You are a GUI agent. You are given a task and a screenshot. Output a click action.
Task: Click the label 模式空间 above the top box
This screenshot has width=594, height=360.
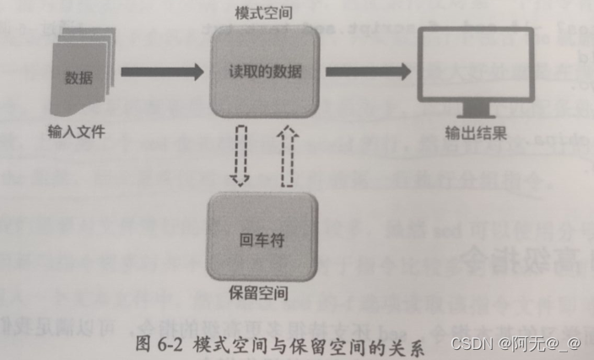pyautogui.click(x=263, y=15)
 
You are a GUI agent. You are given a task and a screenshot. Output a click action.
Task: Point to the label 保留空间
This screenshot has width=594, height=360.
pyautogui.click(x=261, y=295)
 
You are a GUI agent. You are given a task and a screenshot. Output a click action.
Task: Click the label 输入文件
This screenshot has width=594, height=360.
pyautogui.click(x=75, y=133)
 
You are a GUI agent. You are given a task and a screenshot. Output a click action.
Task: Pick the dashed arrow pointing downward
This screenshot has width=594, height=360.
pyautogui.click(x=241, y=155)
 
